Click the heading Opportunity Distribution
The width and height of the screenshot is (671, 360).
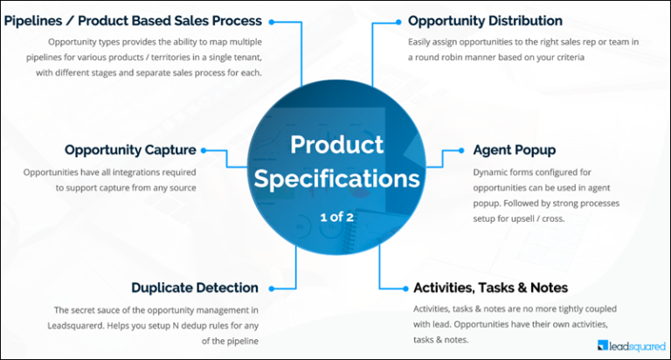click(485, 20)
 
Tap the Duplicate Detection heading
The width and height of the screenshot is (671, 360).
click(194, 287)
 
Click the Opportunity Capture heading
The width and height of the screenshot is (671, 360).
click(130, 149)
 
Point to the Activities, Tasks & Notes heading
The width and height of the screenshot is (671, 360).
click(490, 287)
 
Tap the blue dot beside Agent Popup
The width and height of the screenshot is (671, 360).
click(458, 150)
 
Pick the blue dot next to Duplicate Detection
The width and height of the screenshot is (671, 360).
click(273, 287)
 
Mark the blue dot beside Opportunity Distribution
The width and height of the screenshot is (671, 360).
click(398, 21)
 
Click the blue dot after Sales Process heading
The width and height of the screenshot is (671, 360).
click(273, 21)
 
